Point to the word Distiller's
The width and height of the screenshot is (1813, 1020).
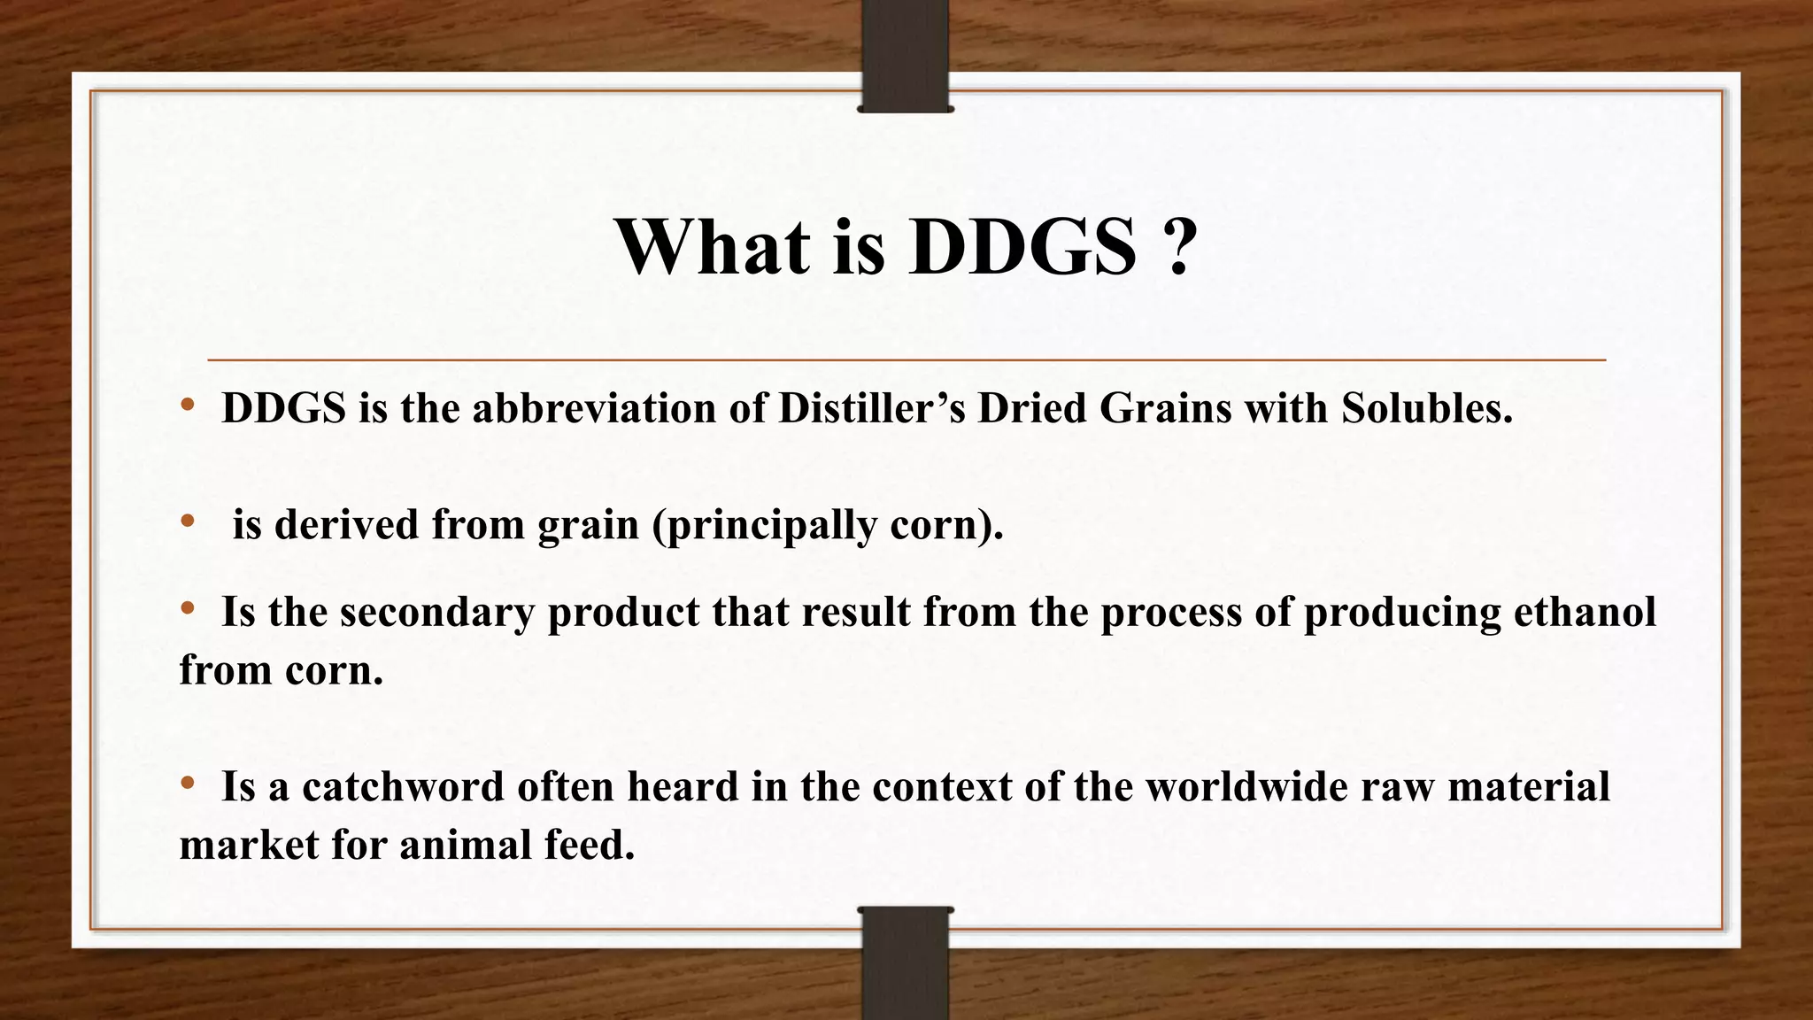coord(871,408)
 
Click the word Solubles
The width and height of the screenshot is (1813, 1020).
coord(1426,408)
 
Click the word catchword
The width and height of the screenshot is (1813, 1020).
coord(403,786)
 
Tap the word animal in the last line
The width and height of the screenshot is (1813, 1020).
coord(465,845)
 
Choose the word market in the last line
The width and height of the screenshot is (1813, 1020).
coord(249,845)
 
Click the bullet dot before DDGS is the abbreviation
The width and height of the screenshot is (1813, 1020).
coord(187,406)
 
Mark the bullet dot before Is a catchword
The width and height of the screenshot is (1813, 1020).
coord(187,784)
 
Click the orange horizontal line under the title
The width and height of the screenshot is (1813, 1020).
coord(906,360)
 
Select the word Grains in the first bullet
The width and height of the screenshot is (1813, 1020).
coord(1165,408)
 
